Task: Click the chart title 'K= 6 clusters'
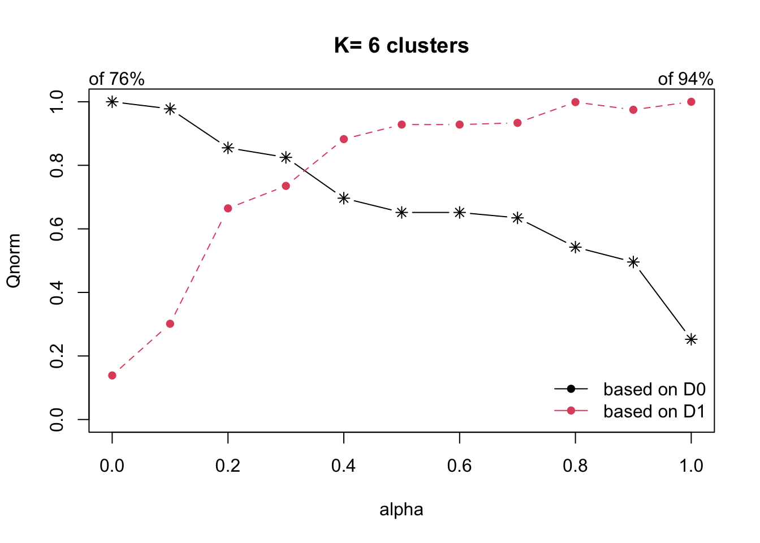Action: click(x=401, y=46)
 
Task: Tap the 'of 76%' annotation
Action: click(x=116, y=79)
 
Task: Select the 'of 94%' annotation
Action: click(x=685, y=79)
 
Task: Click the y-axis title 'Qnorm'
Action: click(x=14, y=261)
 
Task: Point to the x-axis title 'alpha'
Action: click(x=401, y=510)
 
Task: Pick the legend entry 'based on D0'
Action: click(x=654, y=389)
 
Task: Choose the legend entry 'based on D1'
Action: click(x=654, y=411)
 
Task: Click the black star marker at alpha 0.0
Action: click(x=112, y=102)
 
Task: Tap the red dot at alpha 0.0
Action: click(x=112, y=376)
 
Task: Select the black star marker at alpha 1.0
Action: click(x=691, y=339)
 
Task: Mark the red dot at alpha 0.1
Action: click(x=170, y=324)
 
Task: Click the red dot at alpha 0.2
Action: click(x=228, y=208)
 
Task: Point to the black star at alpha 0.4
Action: click(x=344, y=198)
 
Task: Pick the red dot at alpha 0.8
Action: click(x=575, y=102)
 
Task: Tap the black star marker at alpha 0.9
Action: click(x=633, y=262)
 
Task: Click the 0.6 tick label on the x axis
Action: click(x=459, y=466)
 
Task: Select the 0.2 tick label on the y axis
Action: click(x=57, y=356)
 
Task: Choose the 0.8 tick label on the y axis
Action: click(x=57, y=165)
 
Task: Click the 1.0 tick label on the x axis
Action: click(x=691, y=466)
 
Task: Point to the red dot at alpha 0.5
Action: click(x=401, y=124)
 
